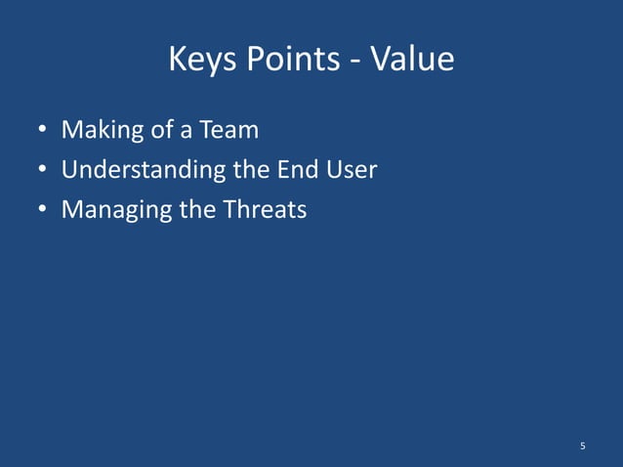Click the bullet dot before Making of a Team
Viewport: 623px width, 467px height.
point(43,131)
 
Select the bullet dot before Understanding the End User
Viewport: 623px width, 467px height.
point(43,171)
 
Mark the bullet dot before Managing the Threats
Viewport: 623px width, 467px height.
point(43,210)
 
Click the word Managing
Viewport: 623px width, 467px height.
point(104,211)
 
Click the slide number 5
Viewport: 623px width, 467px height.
point(582,446)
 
